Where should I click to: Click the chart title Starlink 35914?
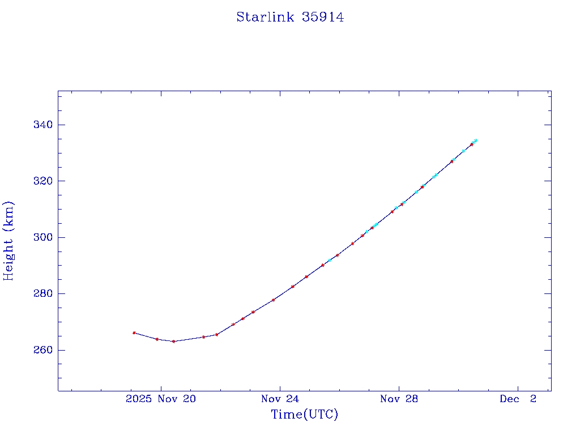click(290, 18)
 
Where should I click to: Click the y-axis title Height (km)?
click(8, 241)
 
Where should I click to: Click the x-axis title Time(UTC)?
click(304, 415)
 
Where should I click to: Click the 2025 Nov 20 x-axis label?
click(161, 399)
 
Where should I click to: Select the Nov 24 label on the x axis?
click(280, 399)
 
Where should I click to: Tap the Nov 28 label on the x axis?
click(399, 399)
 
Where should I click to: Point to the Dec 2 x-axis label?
click(518, 399)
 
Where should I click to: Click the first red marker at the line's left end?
click(134, 333)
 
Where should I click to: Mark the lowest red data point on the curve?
click(173, 342)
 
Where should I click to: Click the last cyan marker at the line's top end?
click(476, 140)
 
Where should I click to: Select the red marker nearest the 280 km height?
click(274, 300)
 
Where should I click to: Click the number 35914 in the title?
click(323, 18)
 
